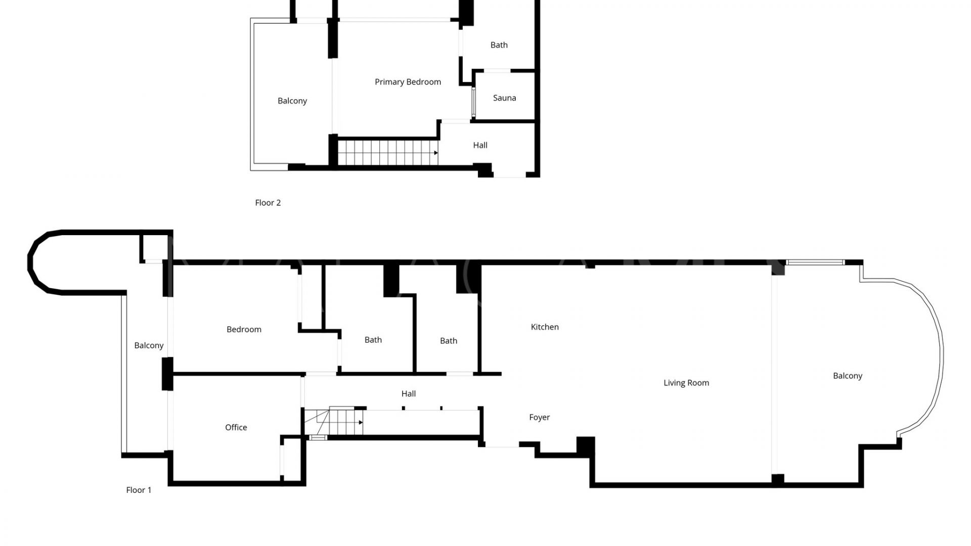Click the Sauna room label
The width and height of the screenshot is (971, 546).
(x=504, y=98)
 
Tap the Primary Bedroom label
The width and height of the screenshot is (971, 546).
(x=408, y=82)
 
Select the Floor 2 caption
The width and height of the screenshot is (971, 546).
(x=268, y=203)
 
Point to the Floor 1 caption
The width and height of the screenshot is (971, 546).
(x=139, y=490)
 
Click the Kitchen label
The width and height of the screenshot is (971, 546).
(x=545, y=327)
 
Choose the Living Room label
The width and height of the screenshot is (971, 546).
(x=686, y=383)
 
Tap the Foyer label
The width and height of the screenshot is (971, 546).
(x=539, y=418)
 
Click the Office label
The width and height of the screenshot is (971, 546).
(x=236, y=428)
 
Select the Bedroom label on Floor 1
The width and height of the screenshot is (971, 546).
(x=244, y=330)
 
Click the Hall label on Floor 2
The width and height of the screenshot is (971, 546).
(x=480, y=146)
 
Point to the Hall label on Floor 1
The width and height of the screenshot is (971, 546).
(x=409, y=394)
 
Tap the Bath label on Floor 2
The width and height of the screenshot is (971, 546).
(x=499, y=45)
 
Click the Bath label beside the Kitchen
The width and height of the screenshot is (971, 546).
(x=448, y=341)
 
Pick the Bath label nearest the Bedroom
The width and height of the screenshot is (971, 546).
(x=373, y=340)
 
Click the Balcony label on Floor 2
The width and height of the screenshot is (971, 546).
(x=292, y=101)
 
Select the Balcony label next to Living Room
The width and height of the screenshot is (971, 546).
(x=848, y=376)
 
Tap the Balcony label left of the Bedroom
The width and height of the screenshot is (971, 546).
(x=149, y=346)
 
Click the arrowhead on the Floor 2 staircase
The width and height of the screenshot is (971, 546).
(x=436, y=153)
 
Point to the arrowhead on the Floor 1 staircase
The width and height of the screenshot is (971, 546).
(x=361, y=422)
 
